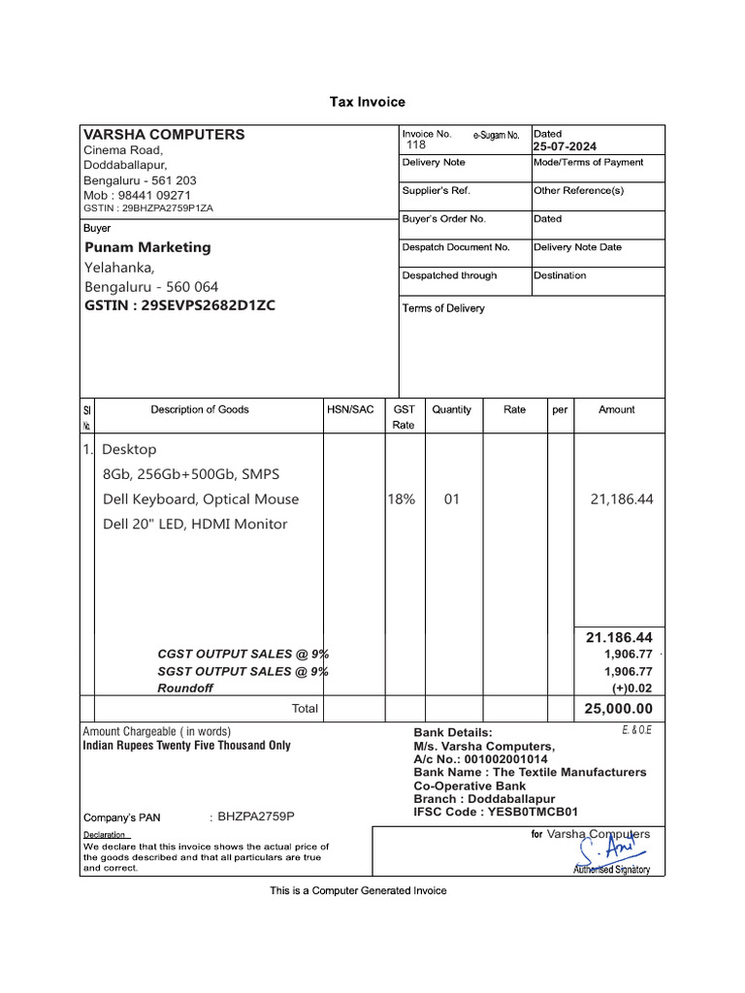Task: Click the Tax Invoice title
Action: pyautogui.click(x=368, y=102)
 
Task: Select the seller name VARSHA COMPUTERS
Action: pyautogui.click(x=164, y=135)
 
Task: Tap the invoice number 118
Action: pyautogui.click(x=415, y=144)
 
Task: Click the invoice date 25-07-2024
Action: pyautogui.click(x=567, y=146)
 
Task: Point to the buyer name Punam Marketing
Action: pyautogui.click(x=147, y=247)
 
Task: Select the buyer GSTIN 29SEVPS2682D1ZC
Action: pyautogui.click(x=180, y=305)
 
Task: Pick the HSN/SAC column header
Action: pyautogui.click(x=350, y=410)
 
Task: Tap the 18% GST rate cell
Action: pyautogui.click(x=402, y=499)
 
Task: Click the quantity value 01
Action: pyautogui.click(x=451, y=499)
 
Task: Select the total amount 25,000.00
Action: pyautogui.click(x=618, y=709)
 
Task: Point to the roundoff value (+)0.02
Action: pyautogui.click(x=632, y=688)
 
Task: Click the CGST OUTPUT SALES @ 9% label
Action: pyautogui.click(x=243, y=655)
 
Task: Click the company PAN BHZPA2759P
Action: pyautogui.click(x=256, y=817)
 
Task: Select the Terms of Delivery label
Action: pyautogui.click(x=443, y=308)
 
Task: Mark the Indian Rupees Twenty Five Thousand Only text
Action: pyautogui.click(x=186, y=746)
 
